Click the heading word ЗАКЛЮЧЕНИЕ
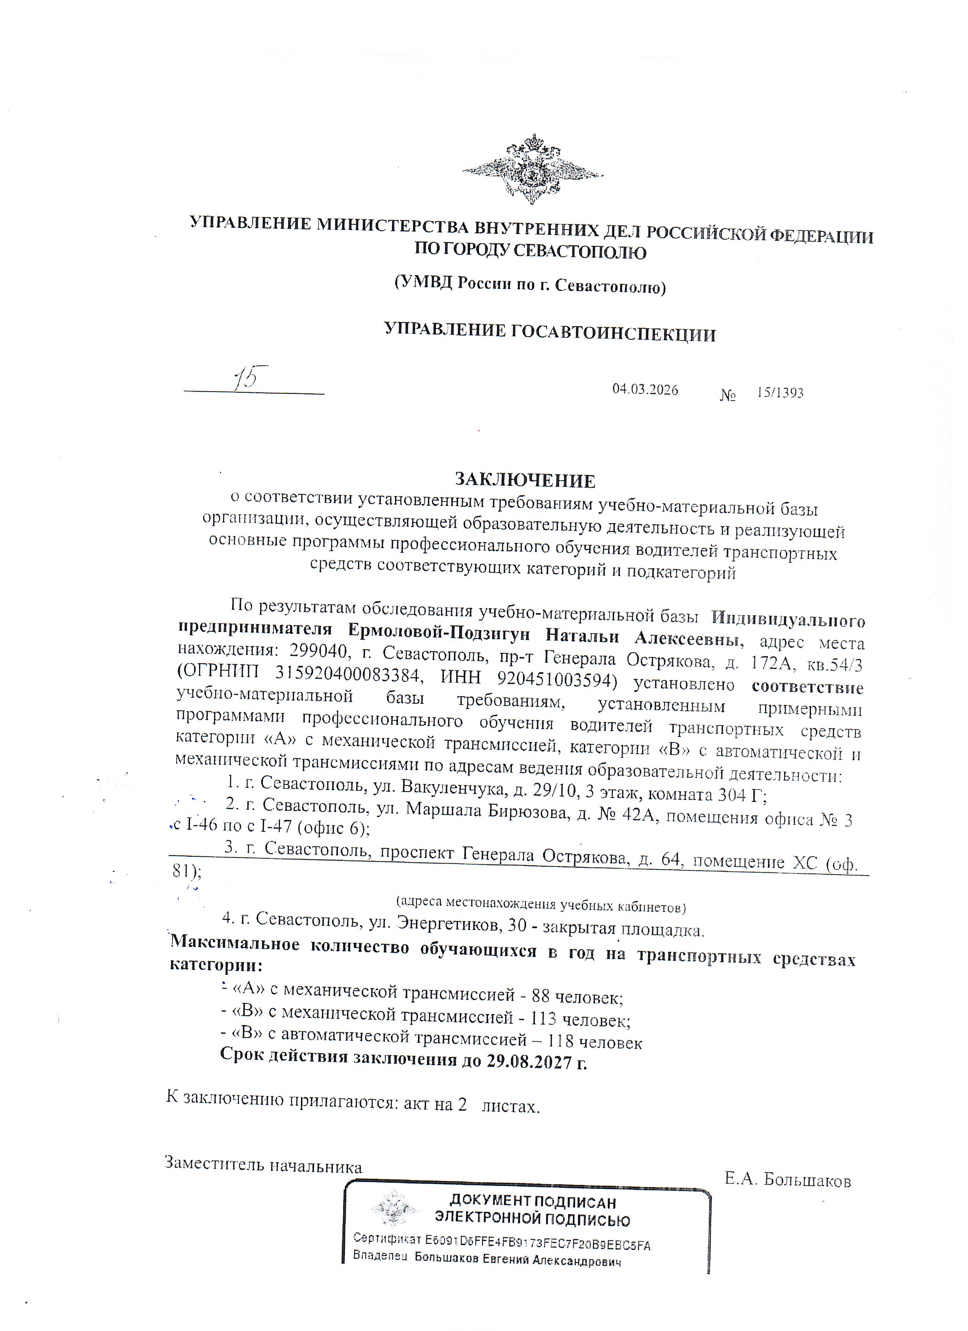click(x=525, y=481)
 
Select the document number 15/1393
click(x=780, y=393)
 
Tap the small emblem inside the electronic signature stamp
click(x=395, y=1211)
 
